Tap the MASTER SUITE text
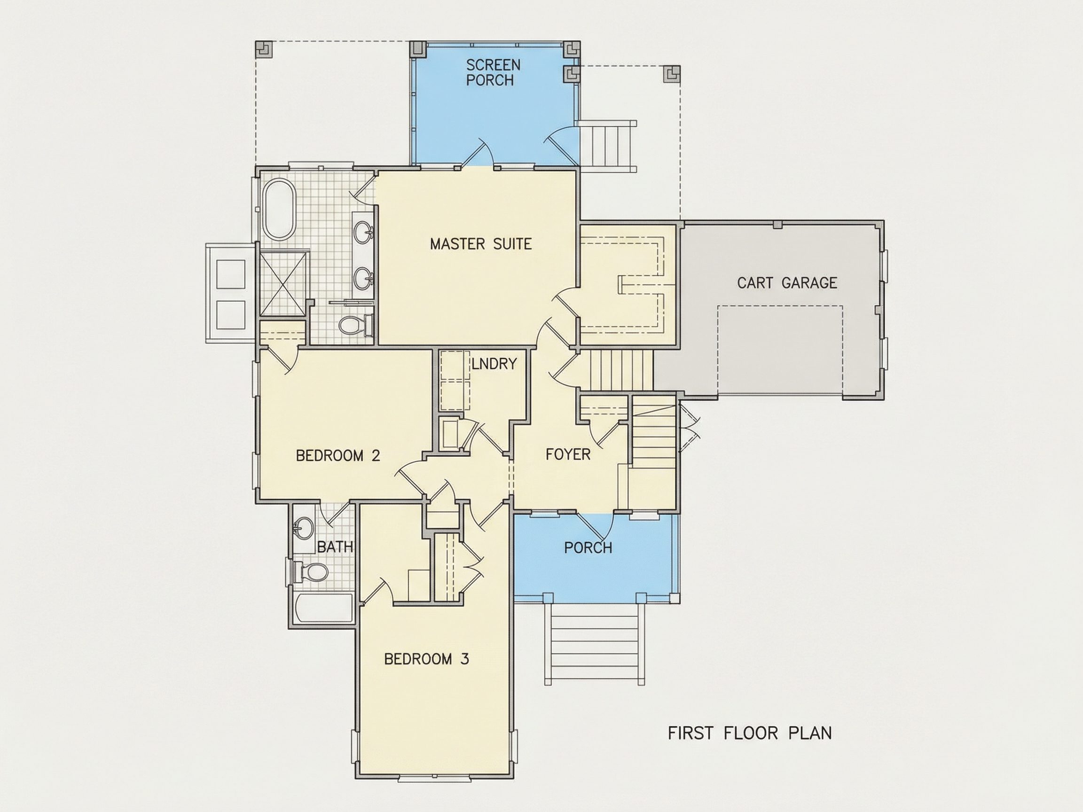[481, 244]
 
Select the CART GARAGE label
[787, 282]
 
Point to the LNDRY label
[494, 364]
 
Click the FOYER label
[568, 454]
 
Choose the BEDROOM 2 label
[338, 456]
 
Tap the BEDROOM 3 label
[426, 659]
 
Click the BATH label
[335, 547]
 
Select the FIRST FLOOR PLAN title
[750, 746]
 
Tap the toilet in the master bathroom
[356, 325]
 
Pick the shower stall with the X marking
[284, 284]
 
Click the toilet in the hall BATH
[309, 571]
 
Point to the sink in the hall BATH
[304, 529]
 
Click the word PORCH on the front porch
[588, 547]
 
